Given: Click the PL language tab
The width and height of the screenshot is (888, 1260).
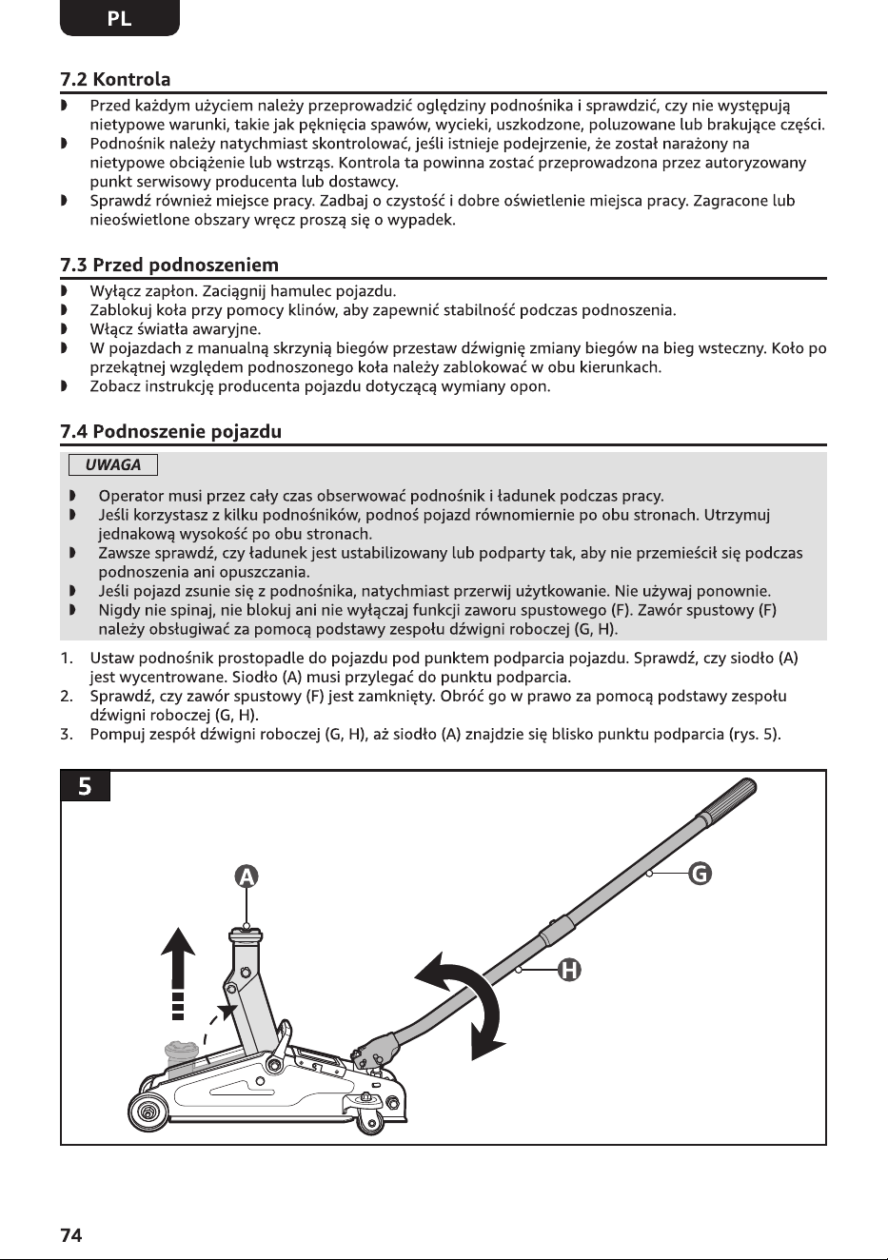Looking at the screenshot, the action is tap(120, 18).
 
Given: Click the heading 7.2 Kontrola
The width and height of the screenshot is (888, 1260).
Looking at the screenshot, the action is tap(115, 79).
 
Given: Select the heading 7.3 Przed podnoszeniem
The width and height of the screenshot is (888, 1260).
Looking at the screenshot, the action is tap(169, 265).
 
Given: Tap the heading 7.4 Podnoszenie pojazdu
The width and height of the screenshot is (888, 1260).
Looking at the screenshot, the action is tap(171, 431).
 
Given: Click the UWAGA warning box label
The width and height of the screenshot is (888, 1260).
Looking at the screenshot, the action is tap(113, 465).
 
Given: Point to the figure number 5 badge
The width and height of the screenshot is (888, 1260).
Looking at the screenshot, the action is tap(85, 786).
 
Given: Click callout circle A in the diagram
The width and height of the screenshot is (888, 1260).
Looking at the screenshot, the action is tap(247, 876).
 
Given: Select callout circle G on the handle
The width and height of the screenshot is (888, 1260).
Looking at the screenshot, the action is tap(700, 874).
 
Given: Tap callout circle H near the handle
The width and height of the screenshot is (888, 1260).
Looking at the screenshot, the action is tap(569, 970).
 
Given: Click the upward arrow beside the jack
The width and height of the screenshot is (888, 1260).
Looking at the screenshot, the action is tap(178, 972).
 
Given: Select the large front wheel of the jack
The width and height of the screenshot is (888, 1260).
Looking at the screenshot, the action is tap(148, 1112).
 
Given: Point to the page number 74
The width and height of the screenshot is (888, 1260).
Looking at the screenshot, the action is tap(70, 1236).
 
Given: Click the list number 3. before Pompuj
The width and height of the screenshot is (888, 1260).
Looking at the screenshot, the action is tap(67, 735).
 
